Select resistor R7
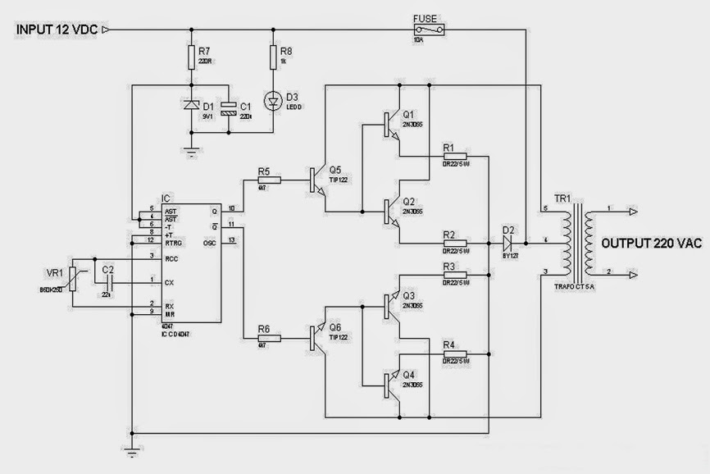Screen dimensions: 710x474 [x=191, y=56]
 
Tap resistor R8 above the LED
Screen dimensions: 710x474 [x=273, y=56]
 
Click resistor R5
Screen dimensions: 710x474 [x=269, y=180]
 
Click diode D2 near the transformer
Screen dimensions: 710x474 [x=507, y=243]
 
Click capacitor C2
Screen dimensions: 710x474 [x=107, y=280]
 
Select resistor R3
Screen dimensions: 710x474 [x=454, y=276]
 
